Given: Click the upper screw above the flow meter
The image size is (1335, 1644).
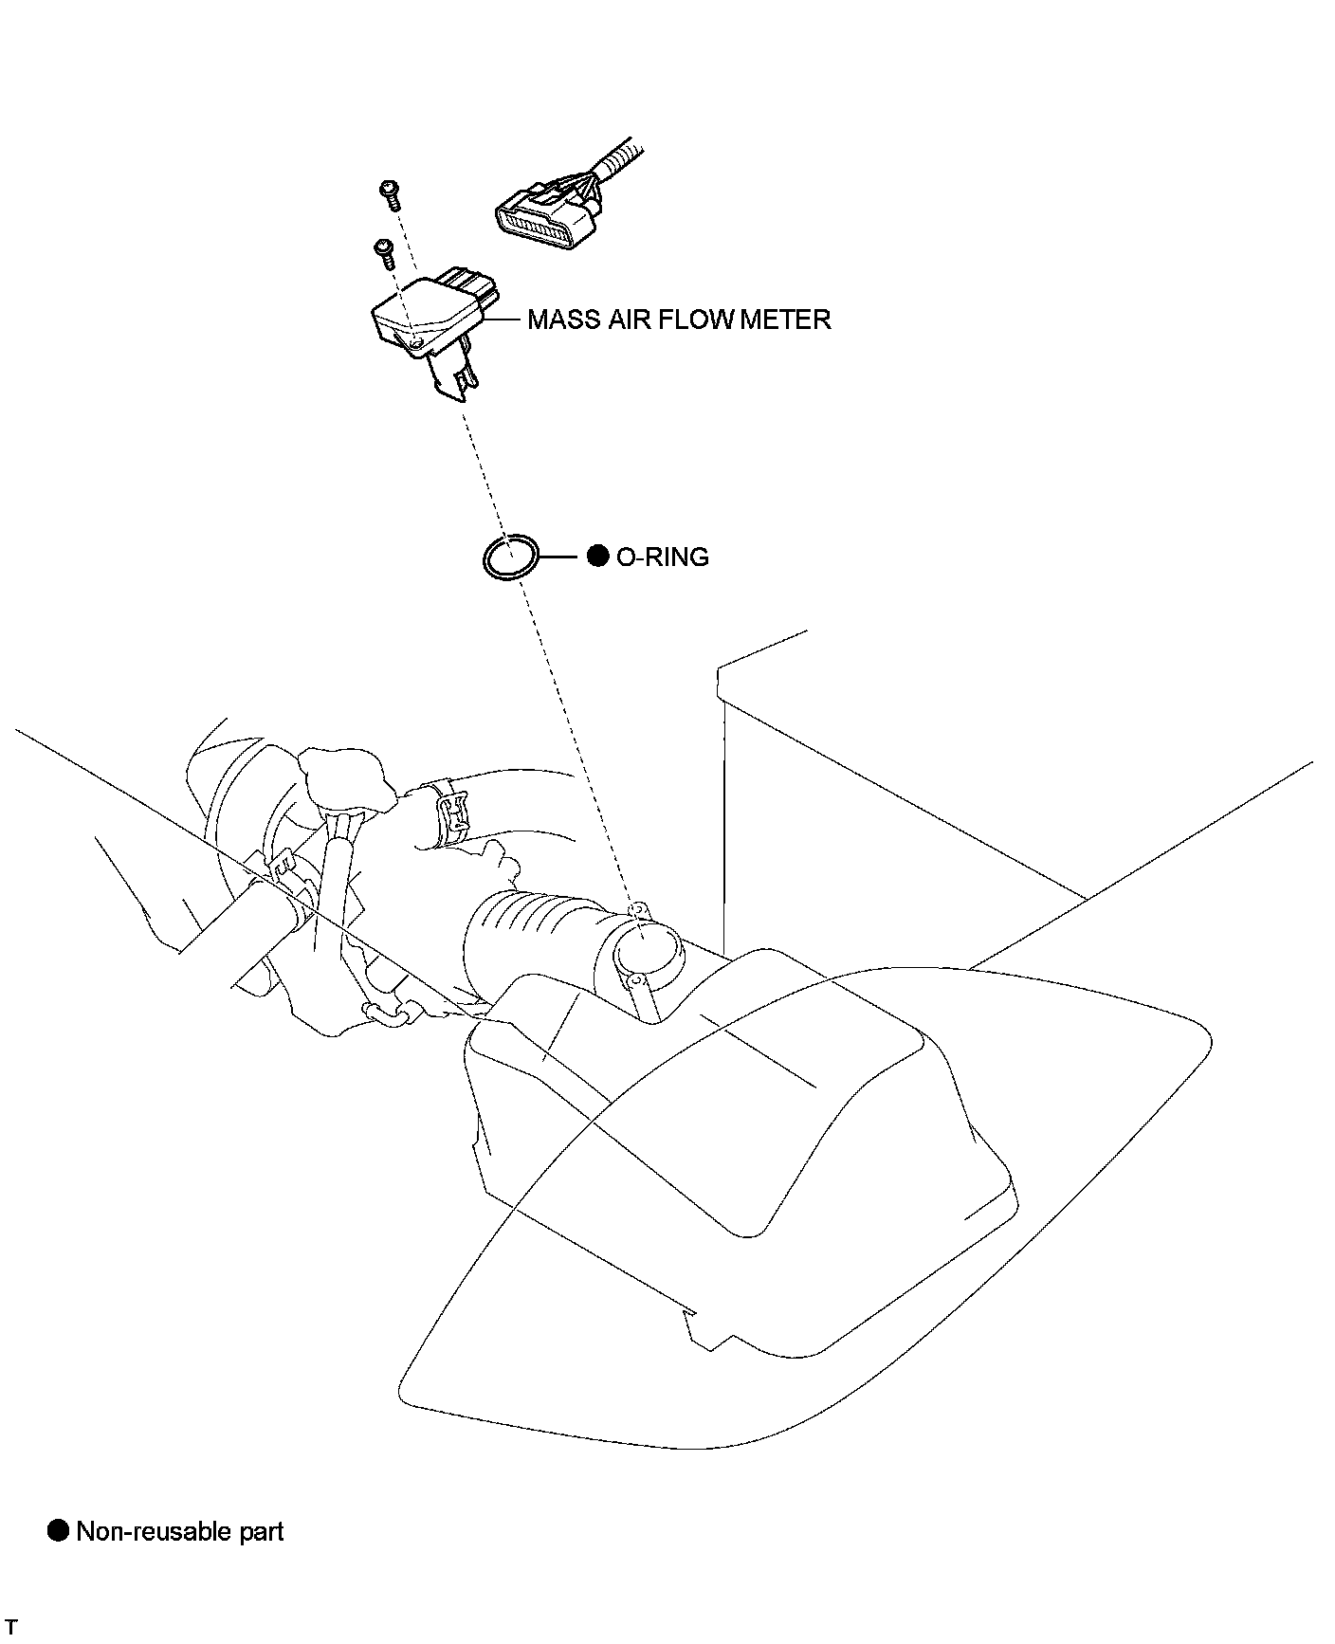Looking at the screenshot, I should point(389,194).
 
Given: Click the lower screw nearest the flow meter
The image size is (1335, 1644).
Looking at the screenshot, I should point(385,253).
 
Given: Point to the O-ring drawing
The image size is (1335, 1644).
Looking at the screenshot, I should point(510,557).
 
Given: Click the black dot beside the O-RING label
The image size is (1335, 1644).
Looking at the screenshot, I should point(597,557).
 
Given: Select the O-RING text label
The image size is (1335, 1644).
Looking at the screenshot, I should point(662,557).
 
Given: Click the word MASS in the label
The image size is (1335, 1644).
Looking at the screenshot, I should point(564,320).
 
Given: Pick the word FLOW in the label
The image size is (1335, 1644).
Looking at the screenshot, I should point(695,320).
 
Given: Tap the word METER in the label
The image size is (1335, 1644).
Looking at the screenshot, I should point(785,320).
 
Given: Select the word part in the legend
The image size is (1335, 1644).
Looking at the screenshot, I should point(259,1533).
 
